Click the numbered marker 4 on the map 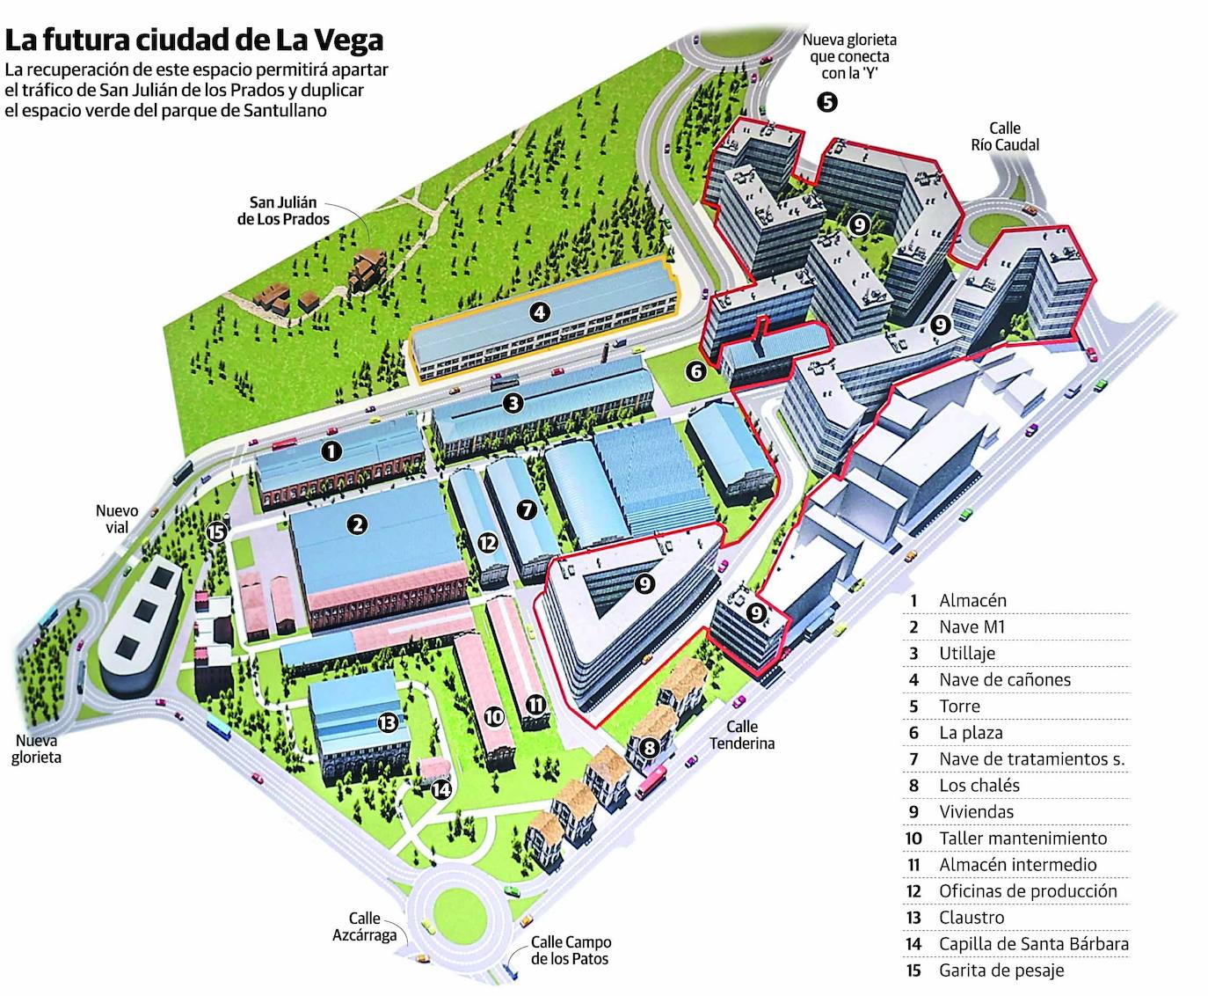tap(540, 311)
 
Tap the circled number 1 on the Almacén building tap(331, 450)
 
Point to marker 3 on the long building tap(513, 403)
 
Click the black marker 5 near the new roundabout tap(826, 101)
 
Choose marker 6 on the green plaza tap(696, 371)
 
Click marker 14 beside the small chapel tap(441, 789)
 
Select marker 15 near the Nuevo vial tap(216, 531)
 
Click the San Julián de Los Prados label tap(283, 210)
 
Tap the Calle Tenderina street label tap(742, 735)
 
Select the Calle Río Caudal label tap(1005, 136)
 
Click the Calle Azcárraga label tap(364, 926)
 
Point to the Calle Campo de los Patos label tap(571, 950)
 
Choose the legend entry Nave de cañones tap(1005, 679)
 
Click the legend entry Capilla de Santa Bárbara tap(1034, 944)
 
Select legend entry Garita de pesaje tap(1001, 970)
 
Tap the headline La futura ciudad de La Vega tap(194, 40)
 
